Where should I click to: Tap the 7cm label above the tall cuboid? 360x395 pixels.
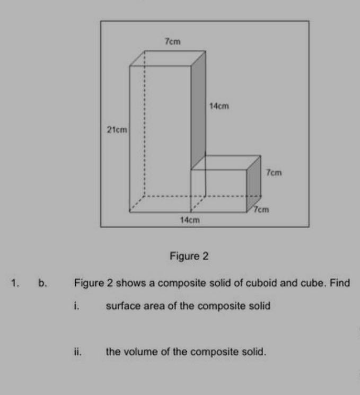point(171,41)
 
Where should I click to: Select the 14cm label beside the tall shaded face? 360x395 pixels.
point(218,107)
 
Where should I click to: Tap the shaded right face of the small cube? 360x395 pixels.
point(254,181)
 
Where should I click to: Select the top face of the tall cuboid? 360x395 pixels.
point(168,58)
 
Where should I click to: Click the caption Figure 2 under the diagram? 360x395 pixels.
point(189,257)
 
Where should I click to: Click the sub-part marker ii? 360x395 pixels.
point(77,351)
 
